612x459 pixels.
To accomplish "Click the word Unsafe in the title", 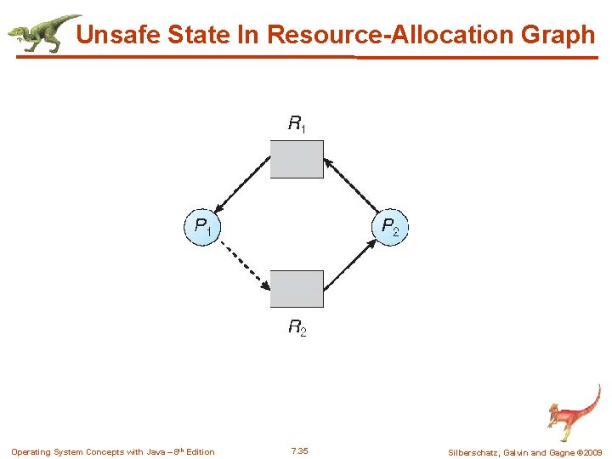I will point(116,35).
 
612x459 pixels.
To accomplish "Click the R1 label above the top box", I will point(297,125).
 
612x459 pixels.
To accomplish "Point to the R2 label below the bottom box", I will point(297,327).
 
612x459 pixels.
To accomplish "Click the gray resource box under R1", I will point(297,159).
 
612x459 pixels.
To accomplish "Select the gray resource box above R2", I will point(297,289).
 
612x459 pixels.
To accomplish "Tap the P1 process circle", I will point(203,227).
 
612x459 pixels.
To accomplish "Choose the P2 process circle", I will point(391,227).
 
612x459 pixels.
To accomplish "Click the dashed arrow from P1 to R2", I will point(244,264).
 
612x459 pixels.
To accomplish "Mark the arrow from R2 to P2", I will point(350,265).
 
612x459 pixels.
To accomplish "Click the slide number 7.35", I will point(298,450).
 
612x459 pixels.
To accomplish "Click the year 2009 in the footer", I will point(592,452).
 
